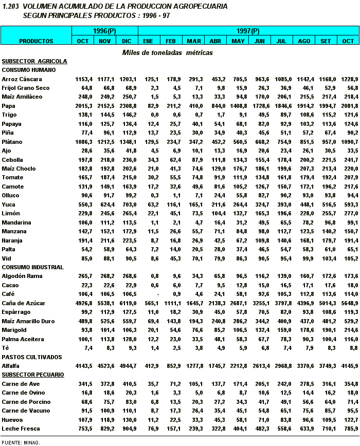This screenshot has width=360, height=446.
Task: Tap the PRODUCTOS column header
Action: coord(36,41)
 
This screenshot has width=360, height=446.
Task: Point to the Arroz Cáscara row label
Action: coord(22,79)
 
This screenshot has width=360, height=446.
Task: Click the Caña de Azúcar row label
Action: coord(24,303)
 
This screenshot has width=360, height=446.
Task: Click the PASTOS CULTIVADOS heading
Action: coord(32,357)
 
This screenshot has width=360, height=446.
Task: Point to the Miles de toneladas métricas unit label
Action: coord(167,52)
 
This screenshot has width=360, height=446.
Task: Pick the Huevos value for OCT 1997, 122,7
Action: coord(349,419)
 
